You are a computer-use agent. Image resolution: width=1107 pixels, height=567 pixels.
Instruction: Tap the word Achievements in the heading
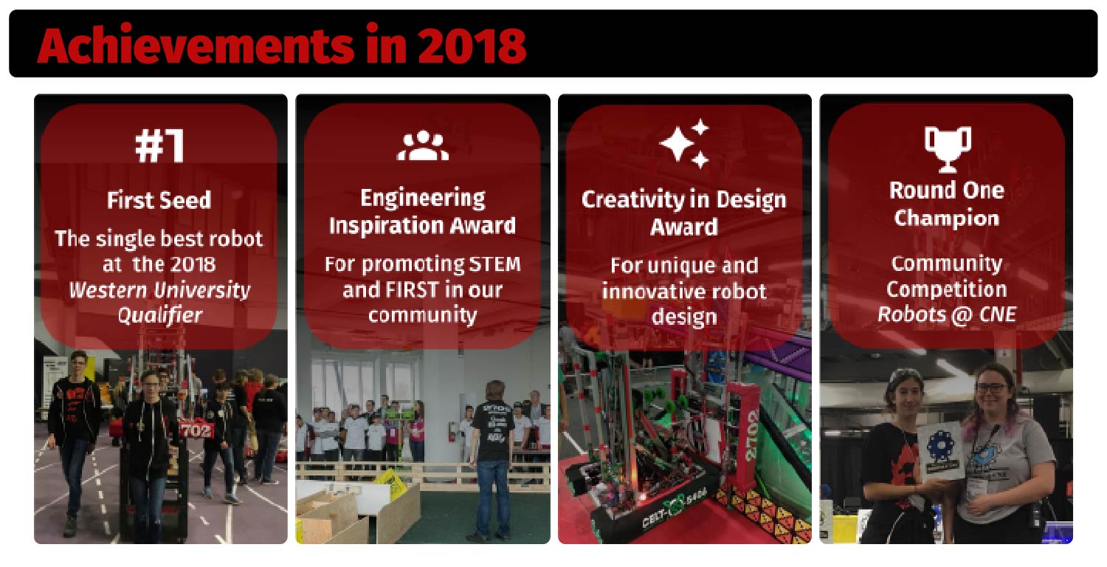pyautogui.click(x=196, y=45)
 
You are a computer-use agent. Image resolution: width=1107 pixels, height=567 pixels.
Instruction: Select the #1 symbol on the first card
pyautogui.click(x=159, y=145)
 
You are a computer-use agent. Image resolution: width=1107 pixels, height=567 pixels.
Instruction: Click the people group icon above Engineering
pyautogui.click(x=423, y=145)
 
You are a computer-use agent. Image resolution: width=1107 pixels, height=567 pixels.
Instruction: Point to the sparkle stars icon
pyautogui.click(x=684, y=143)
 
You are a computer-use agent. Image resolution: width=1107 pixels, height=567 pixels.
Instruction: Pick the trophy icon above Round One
pyautogui.click(x=948, y=149)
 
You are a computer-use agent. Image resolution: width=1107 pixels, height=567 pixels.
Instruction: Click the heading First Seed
pyautogui.click(x=159, y=200)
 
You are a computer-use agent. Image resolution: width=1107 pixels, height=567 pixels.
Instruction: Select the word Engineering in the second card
pyautogui.click(x=423, y=199)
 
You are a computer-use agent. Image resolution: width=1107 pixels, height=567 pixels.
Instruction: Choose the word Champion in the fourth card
pyautogui.click(x=946, y=219)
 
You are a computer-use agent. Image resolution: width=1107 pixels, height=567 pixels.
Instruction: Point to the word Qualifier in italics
pyautogui.click(x=160, y=315)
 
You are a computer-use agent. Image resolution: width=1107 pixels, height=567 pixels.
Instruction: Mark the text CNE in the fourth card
pyautogui.click(x=998, y=315)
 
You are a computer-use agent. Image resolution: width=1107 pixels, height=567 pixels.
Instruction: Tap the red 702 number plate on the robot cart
pyautogui.click(x=196, y=430)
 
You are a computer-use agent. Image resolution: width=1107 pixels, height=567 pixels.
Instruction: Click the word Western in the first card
pyautogui.click(x=108, y=289)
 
